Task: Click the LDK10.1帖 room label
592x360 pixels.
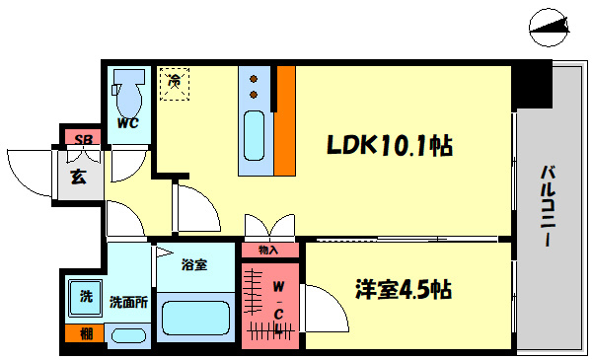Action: click(x=390, y=145)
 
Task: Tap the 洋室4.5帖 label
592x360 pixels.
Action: click(x=404, y=289)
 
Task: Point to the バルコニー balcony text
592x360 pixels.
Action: click(x=548, y=206)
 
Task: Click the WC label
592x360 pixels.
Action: click(x=127, y=123)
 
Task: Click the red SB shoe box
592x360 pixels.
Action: click(x=83, y=138)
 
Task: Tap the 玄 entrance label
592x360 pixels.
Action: click(x=79, y=177)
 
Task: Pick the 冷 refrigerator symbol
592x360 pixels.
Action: click(x=174, y=84)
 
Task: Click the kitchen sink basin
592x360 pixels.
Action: click(x=254, y=136)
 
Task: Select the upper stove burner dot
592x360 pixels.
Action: click(x=254, y=79)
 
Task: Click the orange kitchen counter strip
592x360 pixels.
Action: click(x=285, y=120)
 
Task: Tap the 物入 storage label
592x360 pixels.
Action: click(x=268, y=250)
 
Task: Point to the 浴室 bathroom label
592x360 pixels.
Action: click(x=194, y=264)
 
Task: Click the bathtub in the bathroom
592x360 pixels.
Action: click(x=195, y=318)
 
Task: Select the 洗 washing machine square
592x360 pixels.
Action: click(x=85, y=298)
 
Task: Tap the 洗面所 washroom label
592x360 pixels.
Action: click(x=128, y=302)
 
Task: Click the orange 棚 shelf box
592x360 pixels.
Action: click(x=84, y=333)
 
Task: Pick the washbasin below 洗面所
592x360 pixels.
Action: click(x=128, y=335)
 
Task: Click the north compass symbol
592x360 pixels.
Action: click(x=549, y=28)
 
